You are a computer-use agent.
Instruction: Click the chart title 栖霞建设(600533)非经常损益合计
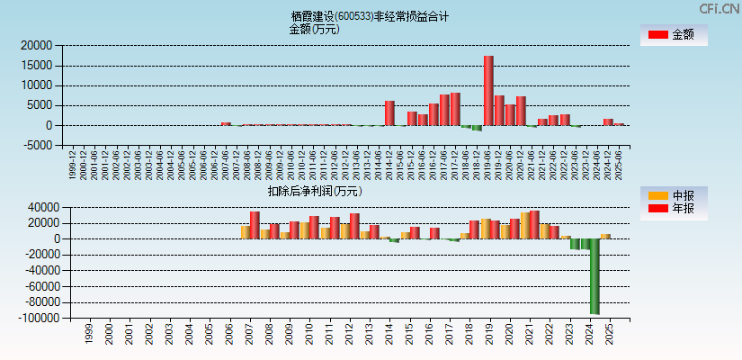point(370,16)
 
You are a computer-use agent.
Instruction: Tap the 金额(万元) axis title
point(314,29)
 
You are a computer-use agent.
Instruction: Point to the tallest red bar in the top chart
point(488,90)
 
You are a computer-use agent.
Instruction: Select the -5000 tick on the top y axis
point(36,145)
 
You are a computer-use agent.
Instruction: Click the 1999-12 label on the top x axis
point(73,166)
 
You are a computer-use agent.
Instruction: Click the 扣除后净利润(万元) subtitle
point(314,191)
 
